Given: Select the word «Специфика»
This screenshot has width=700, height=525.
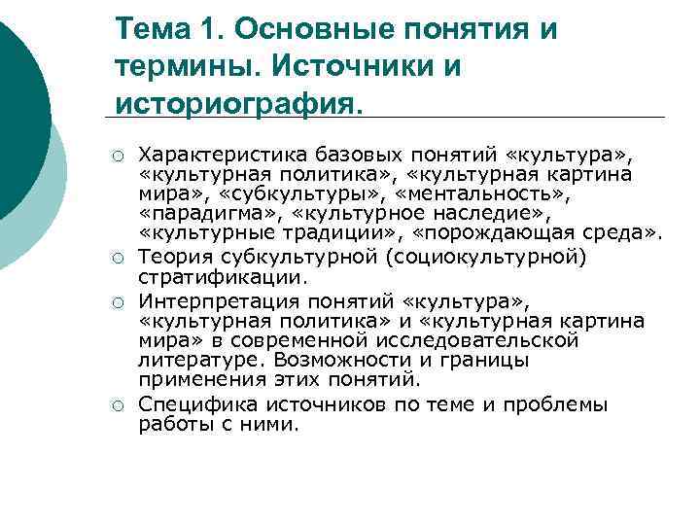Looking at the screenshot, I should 192,403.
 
